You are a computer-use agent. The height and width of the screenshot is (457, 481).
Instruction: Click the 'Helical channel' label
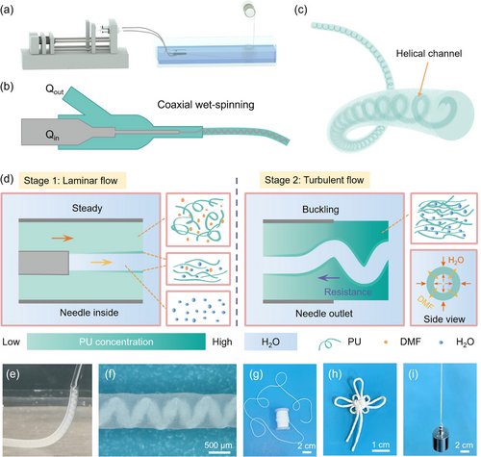(429, 53)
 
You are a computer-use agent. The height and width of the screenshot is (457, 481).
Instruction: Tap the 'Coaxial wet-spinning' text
(206, 105)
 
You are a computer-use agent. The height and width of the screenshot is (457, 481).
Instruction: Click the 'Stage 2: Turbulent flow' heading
(315, 180)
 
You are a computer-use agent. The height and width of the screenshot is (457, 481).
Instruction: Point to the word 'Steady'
(87, 208)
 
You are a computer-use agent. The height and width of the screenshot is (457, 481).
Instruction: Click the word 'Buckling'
(320, 210)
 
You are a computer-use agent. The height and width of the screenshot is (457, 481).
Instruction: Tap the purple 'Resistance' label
(348, 292)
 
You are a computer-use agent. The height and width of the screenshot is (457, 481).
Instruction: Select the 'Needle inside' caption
(89, 313)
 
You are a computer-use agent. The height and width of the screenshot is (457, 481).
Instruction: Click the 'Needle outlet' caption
(324, 313)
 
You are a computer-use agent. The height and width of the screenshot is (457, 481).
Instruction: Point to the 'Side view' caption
(444, 319)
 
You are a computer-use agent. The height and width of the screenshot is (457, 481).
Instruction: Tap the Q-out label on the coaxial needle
(55, 89)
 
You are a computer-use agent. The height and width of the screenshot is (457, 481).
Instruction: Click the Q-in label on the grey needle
(52, 135)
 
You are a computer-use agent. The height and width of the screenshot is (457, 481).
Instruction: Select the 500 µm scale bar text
(218, 445)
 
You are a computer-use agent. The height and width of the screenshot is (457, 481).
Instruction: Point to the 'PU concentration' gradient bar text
(116, 342)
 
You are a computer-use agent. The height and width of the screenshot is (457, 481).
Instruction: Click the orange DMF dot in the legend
(386, 343)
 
